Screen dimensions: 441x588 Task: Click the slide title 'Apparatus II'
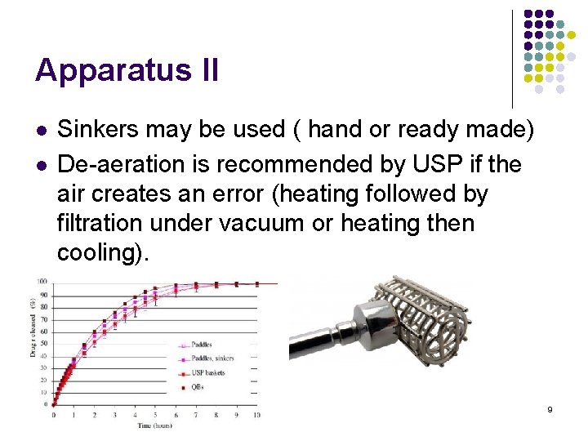127,70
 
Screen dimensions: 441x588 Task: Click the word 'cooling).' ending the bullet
104,252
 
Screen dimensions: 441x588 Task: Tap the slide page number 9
550,408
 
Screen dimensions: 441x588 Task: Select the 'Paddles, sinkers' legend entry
212,358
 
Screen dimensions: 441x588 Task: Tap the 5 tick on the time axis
154,416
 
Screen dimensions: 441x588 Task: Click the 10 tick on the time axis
256,416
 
